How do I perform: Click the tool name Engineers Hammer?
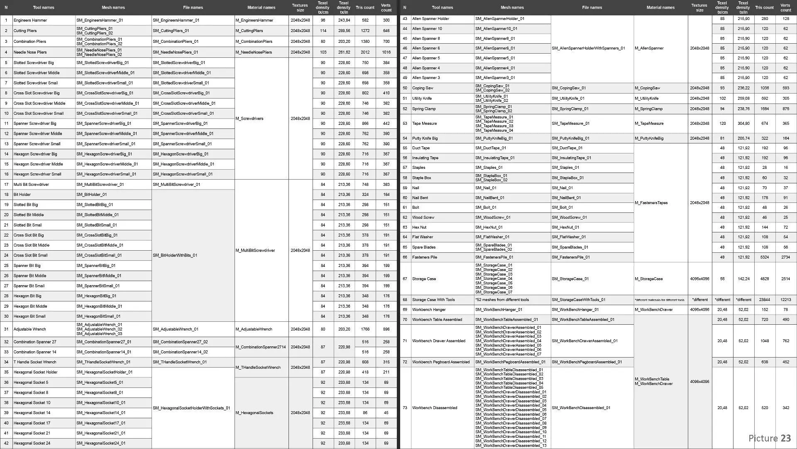pos(30,20)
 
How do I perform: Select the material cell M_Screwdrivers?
pos(249,119)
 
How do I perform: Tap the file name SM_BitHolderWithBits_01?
pos(175,256)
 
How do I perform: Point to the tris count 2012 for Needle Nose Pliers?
pos(365,52)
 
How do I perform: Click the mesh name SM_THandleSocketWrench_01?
pos(103,362)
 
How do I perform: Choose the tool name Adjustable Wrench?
pos(29,329)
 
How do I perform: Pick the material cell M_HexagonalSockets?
pos(254,413)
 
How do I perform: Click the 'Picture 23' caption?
pos(770,438)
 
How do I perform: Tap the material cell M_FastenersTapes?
pos(651,203)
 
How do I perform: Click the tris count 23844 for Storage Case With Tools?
pos(764,300)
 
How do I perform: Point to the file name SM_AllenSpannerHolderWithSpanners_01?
pos(588,48)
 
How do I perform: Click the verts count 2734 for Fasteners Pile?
pos(785,257)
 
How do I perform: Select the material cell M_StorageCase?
pos(649,279)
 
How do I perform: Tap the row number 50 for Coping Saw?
pos(405,88)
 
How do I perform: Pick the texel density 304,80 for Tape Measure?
pos(743,123)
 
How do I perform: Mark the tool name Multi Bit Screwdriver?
pos(31,185)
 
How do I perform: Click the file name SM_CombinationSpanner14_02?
pos(180,352)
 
